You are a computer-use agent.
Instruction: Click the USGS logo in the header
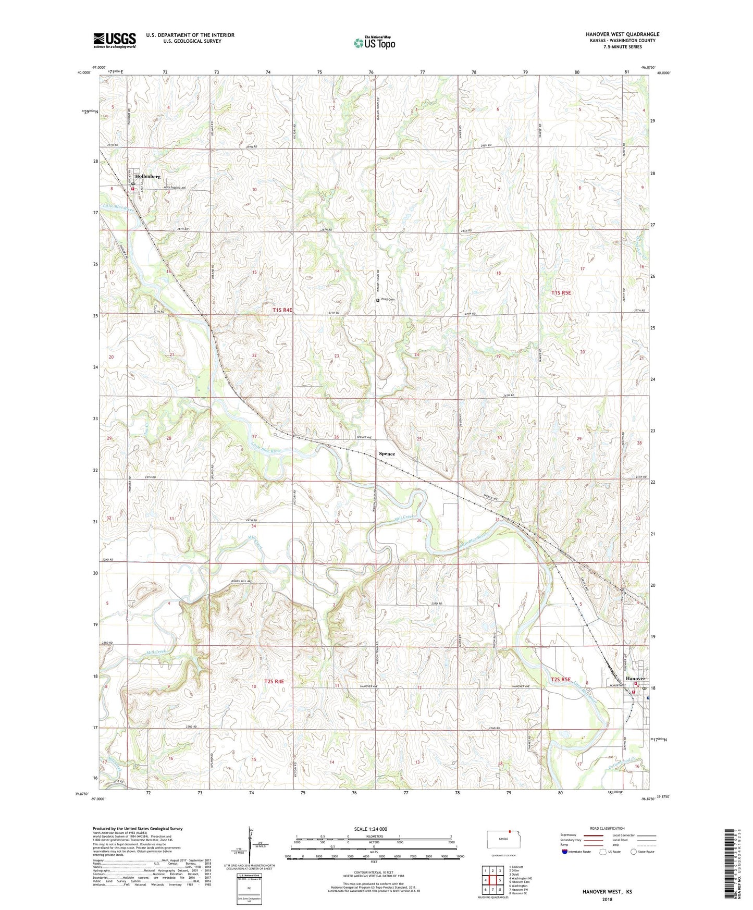[x=115, y=40]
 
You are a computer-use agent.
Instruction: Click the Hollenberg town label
[x=147, y=176]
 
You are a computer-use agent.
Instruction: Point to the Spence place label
[x=387, y=453]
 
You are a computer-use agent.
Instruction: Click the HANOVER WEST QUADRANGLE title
[x=622, y=34]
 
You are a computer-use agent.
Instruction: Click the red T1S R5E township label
[x=561, y=293]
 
